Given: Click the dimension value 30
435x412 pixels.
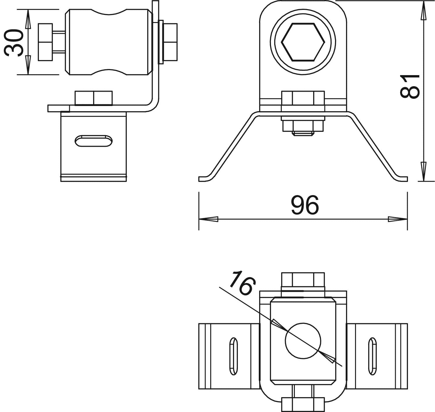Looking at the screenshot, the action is (x=14, y=43).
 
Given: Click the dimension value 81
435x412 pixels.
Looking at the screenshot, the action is (x=410, y=86).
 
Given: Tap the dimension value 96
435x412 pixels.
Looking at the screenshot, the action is (x=305, y=205).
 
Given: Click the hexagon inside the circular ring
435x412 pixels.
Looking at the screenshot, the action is (x=303, y=42).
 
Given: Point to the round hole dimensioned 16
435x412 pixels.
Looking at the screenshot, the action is (x=303, y=341).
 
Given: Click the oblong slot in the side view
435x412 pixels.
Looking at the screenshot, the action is (x=94, y=141).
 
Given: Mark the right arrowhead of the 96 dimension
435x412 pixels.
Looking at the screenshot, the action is (x=397, y=219).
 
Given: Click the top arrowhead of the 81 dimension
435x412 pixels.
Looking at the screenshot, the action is (x=423, y=11).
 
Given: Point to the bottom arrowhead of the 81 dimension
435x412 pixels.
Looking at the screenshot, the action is (x=423, y=171).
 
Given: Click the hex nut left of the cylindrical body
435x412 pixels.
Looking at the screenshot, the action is (x=45, y=42).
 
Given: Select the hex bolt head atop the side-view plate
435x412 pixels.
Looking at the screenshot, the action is (x=94, y=98).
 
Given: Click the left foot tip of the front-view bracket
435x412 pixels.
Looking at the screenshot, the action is (x=199, y=179).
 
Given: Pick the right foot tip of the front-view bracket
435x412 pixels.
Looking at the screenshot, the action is (x=407, y=179).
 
